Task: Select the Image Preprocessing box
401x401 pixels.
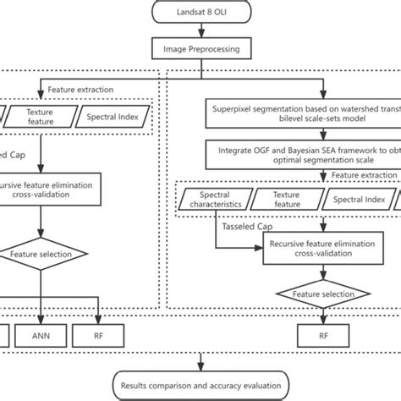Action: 200,50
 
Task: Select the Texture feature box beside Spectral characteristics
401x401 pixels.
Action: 286,200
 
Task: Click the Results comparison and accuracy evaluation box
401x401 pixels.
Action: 200,385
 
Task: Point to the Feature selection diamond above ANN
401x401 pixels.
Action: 39,254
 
